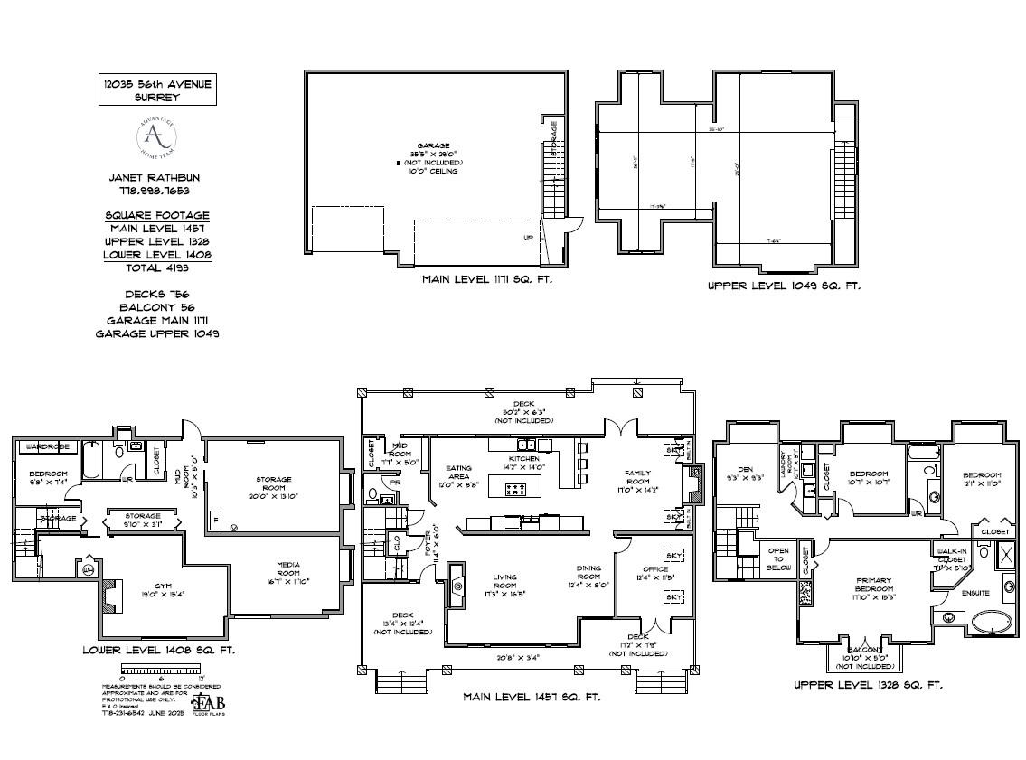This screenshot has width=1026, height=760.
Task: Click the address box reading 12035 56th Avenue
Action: tap(157, 89)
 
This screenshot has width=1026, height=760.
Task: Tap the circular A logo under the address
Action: tap(156, 137)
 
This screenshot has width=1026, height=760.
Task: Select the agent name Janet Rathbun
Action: tap(156, 178)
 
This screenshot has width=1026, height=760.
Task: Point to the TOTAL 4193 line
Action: tap(156, 267)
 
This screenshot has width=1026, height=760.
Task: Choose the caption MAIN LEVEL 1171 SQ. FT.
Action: tap(486, 280)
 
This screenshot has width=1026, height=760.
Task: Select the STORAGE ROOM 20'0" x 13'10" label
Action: tap(272, 483)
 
